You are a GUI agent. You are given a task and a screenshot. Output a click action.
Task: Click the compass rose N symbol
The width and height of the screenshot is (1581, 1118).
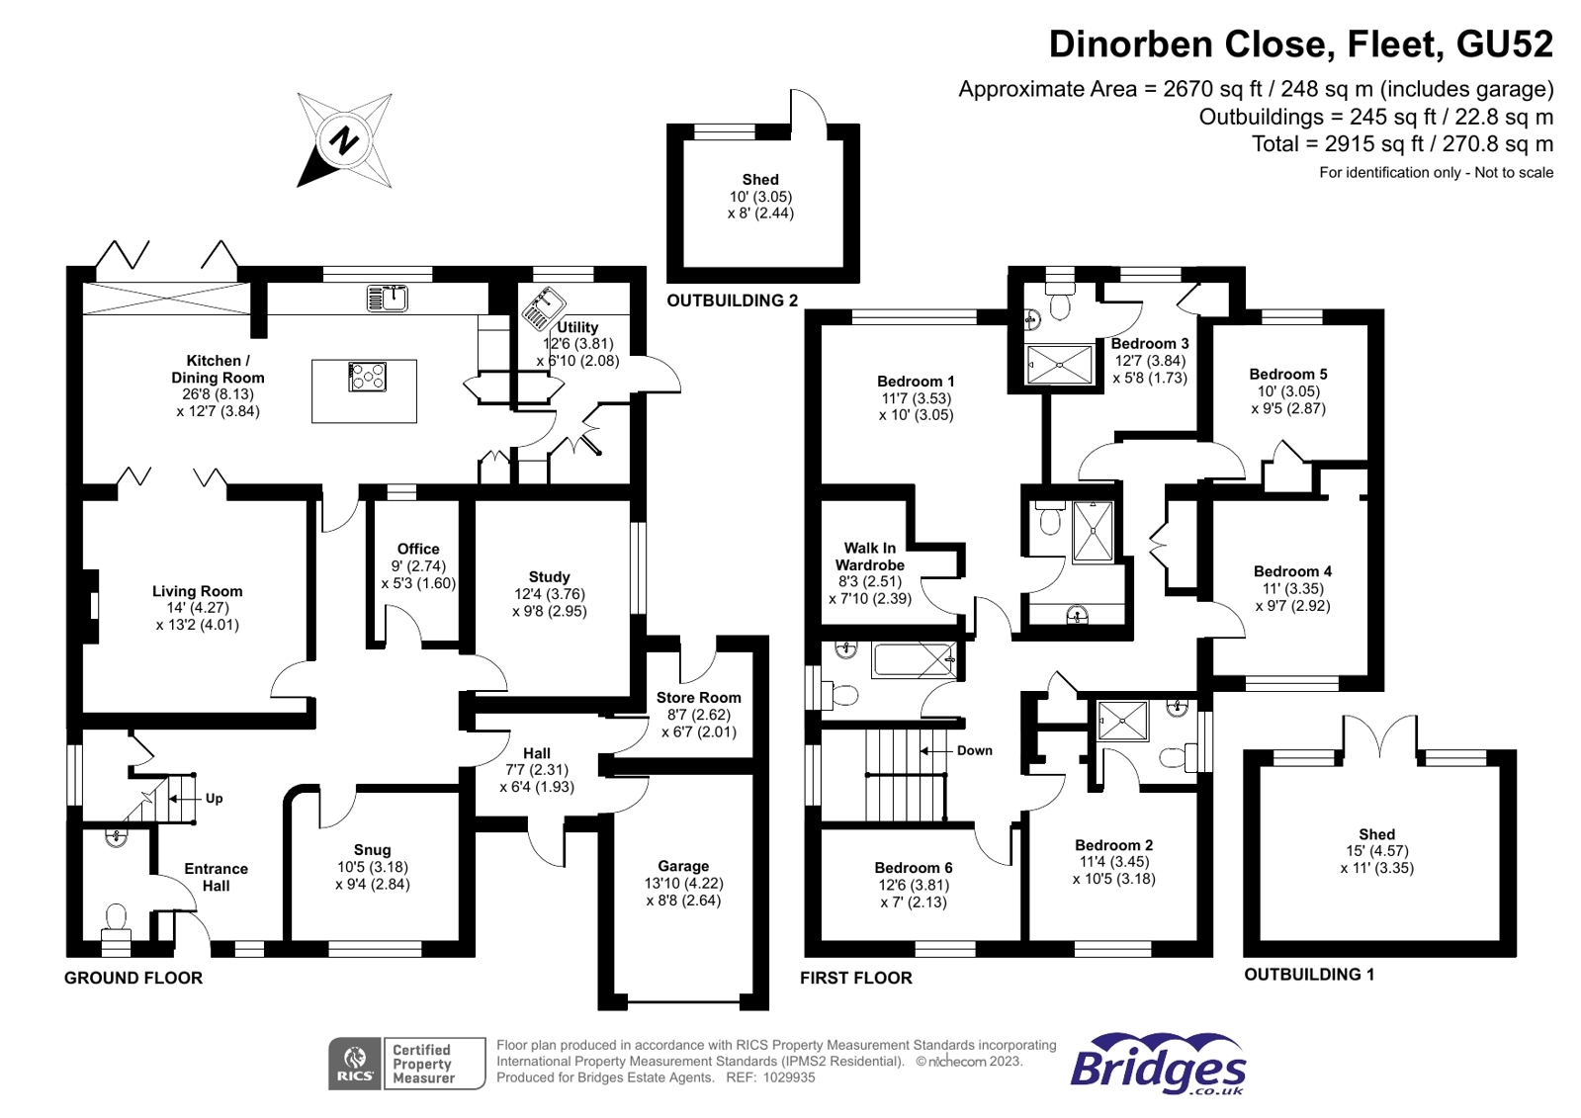pyautogui.click(x=344, y=140)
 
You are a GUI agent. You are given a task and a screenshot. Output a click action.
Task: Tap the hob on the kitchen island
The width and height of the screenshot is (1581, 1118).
pyautogui.click(x=367, y=377)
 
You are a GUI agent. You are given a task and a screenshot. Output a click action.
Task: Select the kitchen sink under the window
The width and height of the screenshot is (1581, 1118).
pyautogui.click(x=387, y=298)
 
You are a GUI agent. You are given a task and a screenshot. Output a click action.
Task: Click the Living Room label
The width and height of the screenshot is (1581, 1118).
pyautogui.click(x=197, y=591)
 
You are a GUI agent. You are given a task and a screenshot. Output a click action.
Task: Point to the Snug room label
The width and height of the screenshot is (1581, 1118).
pyautogui.click(x=372, y=850)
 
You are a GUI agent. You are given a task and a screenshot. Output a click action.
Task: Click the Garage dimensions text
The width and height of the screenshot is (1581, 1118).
pyautogui.click(x=683, y=892)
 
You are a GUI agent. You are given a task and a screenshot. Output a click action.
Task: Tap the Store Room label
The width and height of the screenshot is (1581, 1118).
pyautogui.click(x=698, y=698)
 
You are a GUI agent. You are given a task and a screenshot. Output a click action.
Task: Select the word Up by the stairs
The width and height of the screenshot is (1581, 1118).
pyautogui.click(x=214, y=799)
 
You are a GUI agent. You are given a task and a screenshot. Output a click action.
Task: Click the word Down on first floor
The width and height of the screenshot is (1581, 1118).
pyautogui.click(x=974, y=750)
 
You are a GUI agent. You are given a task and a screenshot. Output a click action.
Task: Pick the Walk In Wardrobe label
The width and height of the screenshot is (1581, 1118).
pyautogui.click(x=869, y=557)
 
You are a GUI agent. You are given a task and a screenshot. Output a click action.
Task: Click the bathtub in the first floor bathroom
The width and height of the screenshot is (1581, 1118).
pyautogui.click(x=913, y=659)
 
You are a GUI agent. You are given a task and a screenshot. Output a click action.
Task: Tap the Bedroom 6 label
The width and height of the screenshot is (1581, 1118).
pyautogui.click(x=914, y=868)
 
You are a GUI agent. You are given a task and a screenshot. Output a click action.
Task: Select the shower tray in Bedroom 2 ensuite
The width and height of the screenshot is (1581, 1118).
pyautogui.click(x=1122, y=721)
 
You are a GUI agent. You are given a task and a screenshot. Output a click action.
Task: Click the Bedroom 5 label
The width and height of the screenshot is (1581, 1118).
pyautogui.click(x=1287, y=374)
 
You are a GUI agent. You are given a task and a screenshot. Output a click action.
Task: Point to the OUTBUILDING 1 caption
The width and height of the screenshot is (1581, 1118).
pyautogui.click(x=1308, y=975)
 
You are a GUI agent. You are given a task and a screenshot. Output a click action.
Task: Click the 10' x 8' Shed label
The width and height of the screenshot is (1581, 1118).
pyautogui.click(x=760, y=180)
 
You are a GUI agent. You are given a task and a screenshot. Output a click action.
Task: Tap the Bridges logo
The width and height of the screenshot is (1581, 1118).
pyautogui.click(x=1158, y=1065)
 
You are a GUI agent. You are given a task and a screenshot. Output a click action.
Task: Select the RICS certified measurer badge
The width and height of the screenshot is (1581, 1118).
pyautogui.click(x=406, y=1064)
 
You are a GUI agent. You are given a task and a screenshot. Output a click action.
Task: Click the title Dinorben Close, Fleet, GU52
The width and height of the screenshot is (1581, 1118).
pyautogui.click(x=1300, y=44)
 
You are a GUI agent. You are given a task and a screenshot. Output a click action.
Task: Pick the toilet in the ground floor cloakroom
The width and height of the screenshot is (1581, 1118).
pyautogui.click(x=116, y=920)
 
